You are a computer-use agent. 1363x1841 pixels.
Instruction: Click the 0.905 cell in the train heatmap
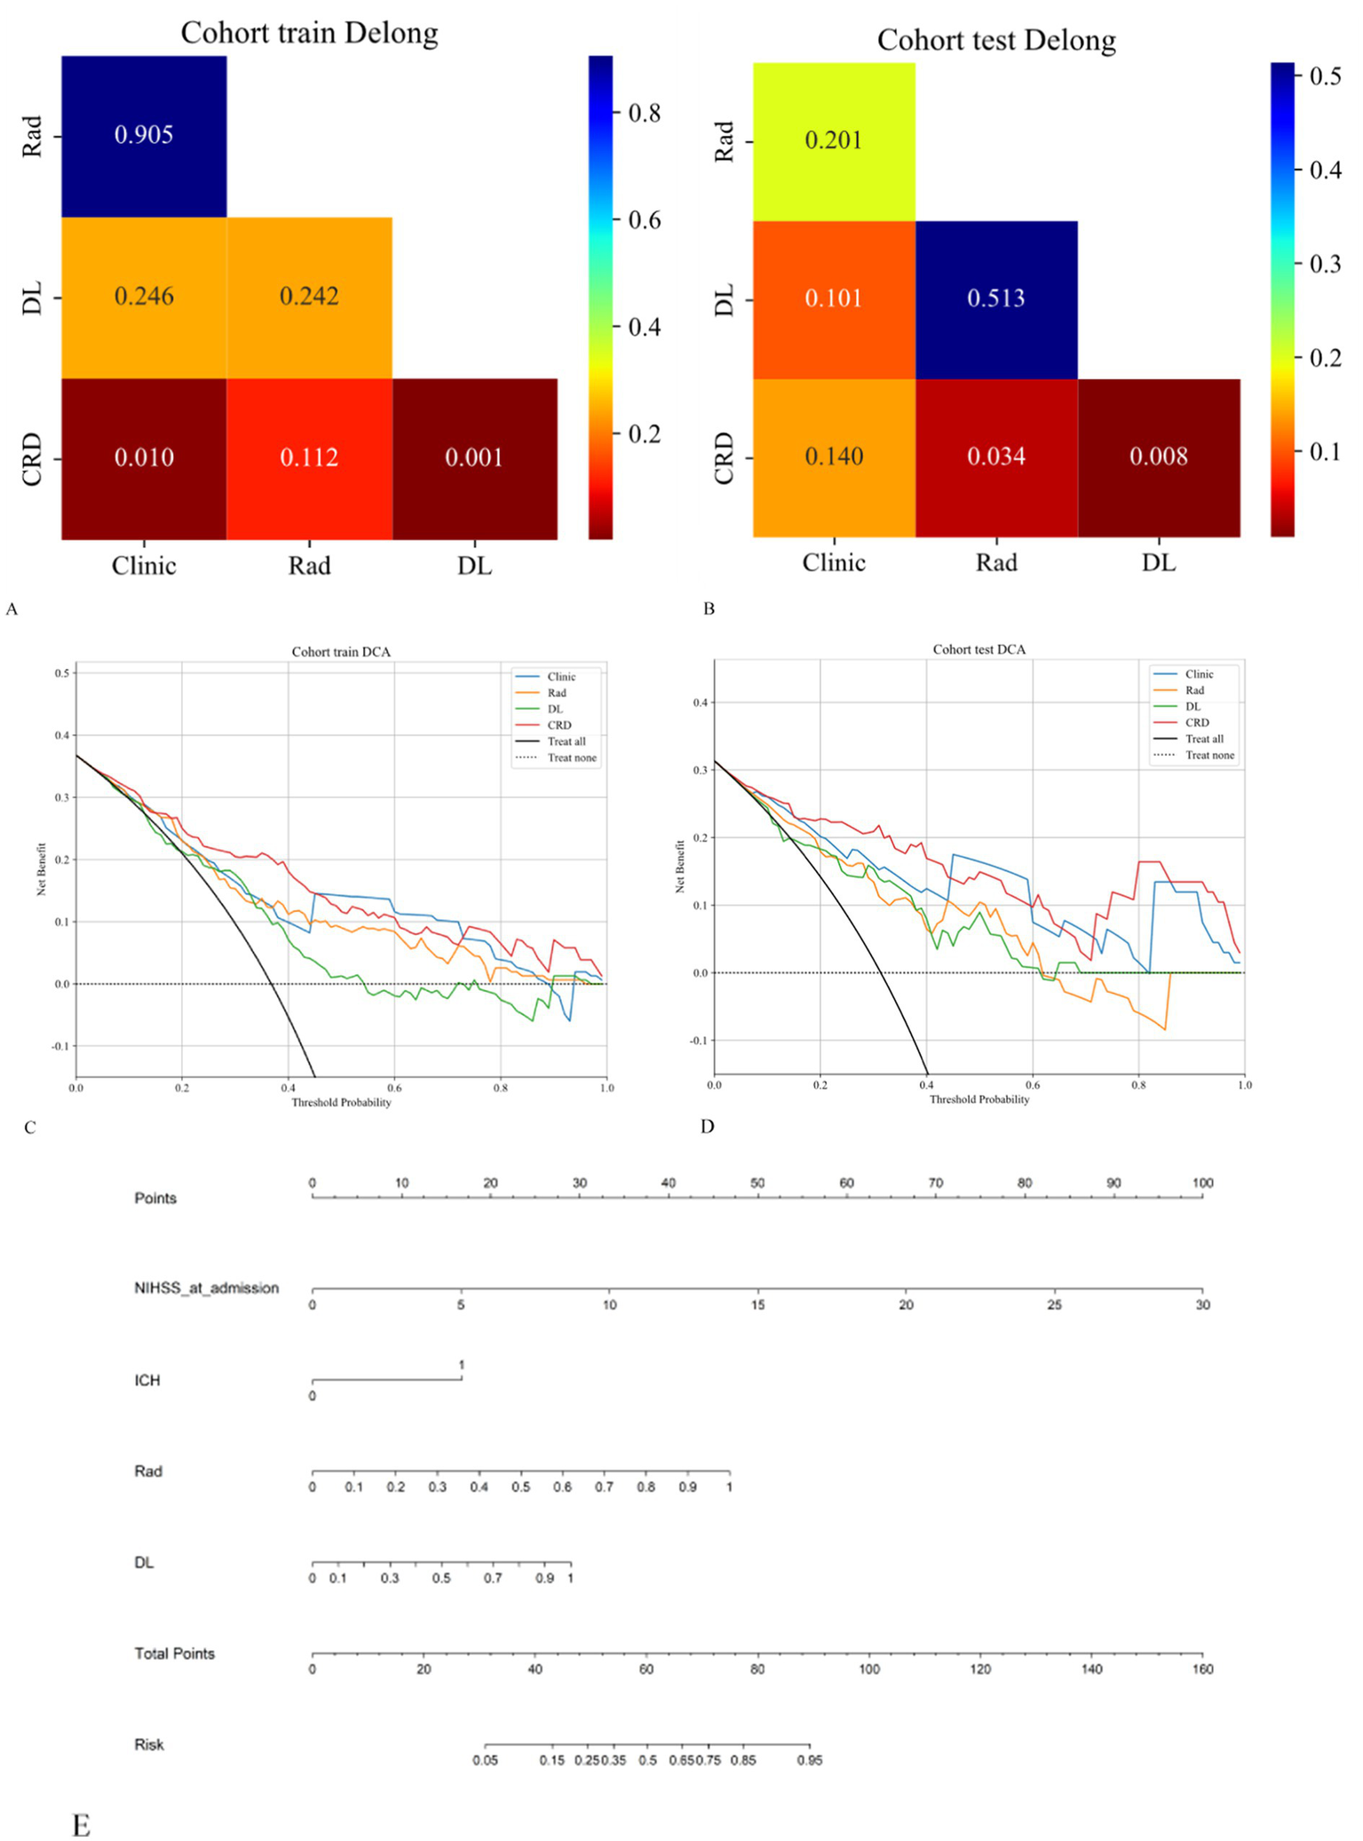coord(144,135)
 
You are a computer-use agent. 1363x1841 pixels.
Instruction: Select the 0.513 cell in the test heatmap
coord(995,298)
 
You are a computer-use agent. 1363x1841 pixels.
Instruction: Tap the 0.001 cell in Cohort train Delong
coord(474,458)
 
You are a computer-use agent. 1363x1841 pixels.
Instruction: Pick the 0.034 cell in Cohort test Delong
coord(995,456)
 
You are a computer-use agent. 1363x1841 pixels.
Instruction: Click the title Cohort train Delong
coord(309,33)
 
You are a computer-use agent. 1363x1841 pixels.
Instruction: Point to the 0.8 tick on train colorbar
coord(644,113)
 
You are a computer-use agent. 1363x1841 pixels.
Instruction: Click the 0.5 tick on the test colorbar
coord(1325,76)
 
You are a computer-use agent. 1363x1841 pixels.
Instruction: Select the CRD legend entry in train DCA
coord(559,725)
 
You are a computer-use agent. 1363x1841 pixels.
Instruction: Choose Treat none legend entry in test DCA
coord(1209,755)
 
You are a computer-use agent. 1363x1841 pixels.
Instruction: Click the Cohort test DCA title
coord(979,649)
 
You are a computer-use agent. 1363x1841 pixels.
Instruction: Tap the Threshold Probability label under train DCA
coord(341,1102)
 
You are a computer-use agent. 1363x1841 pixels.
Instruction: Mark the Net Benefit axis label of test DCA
coord(679,866)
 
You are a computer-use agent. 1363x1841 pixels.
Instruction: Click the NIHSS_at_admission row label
coord(206,1288)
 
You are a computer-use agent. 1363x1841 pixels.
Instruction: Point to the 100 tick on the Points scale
coord(1202,1183)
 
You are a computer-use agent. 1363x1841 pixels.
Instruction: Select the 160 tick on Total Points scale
coord(1202,1669)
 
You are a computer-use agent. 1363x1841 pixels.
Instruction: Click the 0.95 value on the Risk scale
coord(809,1759)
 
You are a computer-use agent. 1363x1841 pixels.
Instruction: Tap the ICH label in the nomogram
coord(147,1380)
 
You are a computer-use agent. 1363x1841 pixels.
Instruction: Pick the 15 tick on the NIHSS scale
coord(757,1305)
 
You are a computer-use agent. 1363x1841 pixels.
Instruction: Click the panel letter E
coord(81,1826)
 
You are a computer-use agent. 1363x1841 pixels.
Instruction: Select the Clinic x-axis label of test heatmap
coord(833,562)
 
